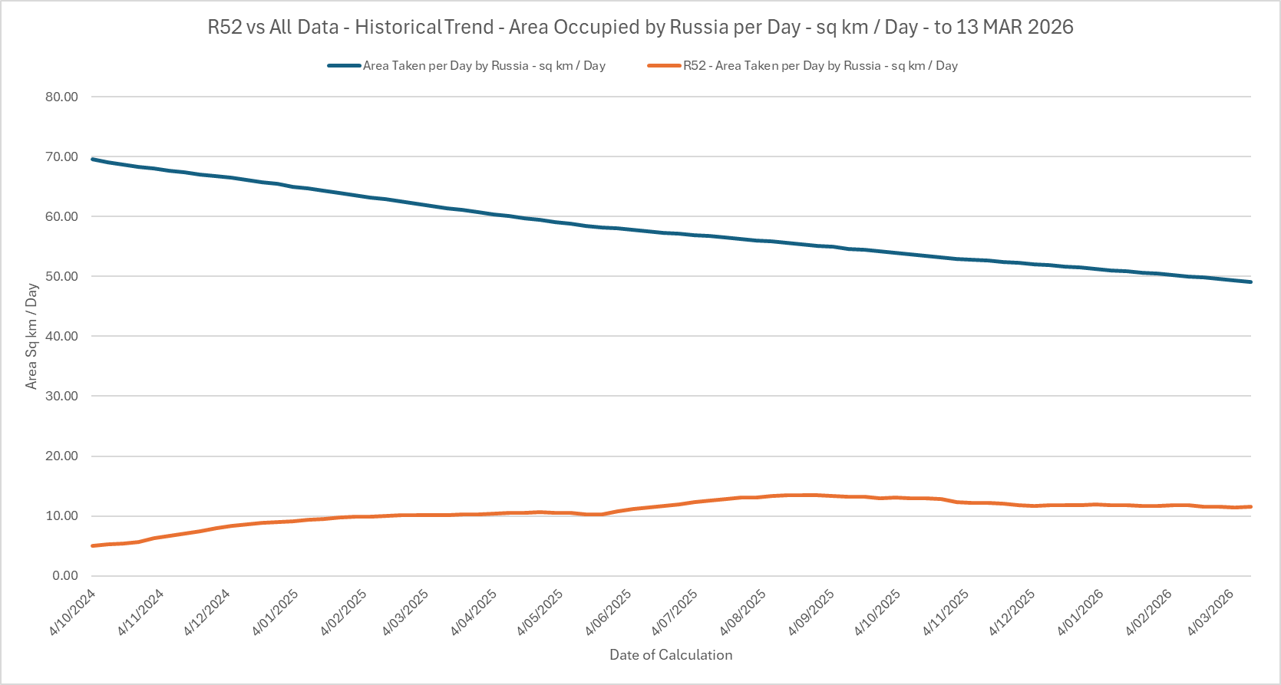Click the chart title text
(640, 28)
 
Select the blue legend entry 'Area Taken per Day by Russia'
(484, 66)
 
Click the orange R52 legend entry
(820, 66)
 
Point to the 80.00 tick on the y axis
(61, 97)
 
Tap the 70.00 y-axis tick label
(61, 156)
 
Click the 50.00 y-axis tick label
(61, 276)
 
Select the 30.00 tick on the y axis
(61, 396)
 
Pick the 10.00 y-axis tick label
(61, 515)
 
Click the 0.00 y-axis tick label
(64, 575)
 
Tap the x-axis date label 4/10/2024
(72, 612)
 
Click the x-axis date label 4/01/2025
(276, 612)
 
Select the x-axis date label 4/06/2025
(608, 612)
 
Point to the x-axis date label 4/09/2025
(811, 612)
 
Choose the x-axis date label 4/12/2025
(1012, 612)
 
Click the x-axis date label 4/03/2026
(1210, 612)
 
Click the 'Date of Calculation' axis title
(671, 655)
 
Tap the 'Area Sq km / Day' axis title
(31, 336)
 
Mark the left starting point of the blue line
(92, 159)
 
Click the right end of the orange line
(1251, 506)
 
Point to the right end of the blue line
(1251, 282)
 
